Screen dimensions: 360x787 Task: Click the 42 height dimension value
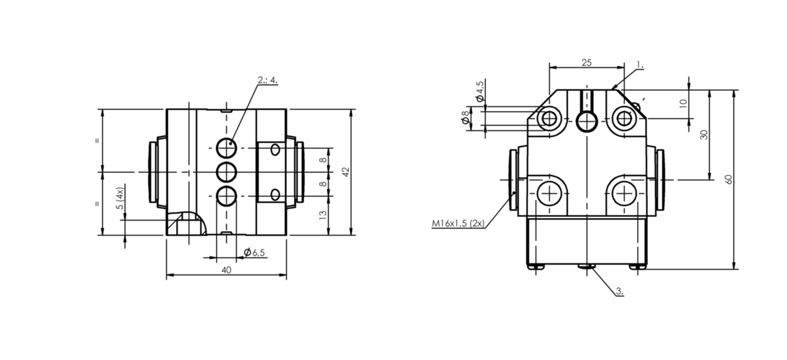tap(345, 172)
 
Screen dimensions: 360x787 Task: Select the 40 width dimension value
tap(226, 270)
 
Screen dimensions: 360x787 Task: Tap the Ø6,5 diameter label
tap(254, 252)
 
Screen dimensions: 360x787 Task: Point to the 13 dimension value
tap(323, 215)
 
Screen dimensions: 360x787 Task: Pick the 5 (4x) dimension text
tap(119, 200)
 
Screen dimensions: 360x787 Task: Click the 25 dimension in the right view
tap(586, 63)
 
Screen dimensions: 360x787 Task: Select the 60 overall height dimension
tap(728, 179)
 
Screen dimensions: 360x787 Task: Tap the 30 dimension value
tap(704, 135)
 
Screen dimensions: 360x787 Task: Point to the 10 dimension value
tap(684, 103)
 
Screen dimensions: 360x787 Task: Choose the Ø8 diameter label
tap(465, 118)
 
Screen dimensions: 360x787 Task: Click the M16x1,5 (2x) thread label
tap(458, 224)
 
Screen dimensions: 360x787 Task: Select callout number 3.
tap(620, 292)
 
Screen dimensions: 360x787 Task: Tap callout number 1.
tap(640, 66)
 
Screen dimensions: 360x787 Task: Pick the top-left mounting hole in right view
tap(549, 119)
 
